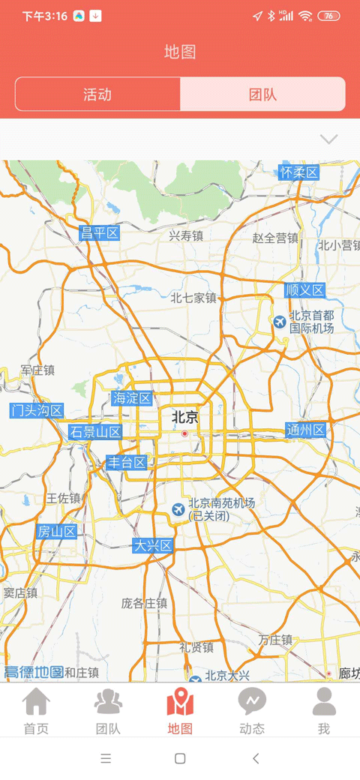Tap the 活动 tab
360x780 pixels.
pos(97,94)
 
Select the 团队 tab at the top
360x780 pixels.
pos(262,94)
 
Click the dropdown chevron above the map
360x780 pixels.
pos(328,139)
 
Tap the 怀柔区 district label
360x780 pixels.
pos(299,172)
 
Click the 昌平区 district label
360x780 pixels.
pos(100,232)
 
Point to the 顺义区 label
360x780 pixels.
pos(304,290)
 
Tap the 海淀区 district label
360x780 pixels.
pos(132,398)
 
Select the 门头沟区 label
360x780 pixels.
pos(37,410)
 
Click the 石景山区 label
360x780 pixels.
pos(95,432)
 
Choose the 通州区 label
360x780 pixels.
pos(306,430)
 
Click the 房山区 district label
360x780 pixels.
pos(57,532)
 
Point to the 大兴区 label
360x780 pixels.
pos(153,545)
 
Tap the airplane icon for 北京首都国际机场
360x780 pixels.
pos(280,322)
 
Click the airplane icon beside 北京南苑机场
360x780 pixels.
pos(178,509)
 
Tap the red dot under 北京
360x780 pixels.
pos(184,433)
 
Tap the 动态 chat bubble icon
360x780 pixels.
pos(252,702)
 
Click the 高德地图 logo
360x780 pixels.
pos(34,672)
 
